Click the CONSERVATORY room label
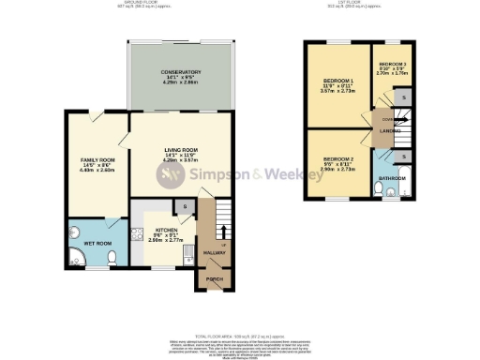181,72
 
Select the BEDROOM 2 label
337,160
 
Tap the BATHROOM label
392,177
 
